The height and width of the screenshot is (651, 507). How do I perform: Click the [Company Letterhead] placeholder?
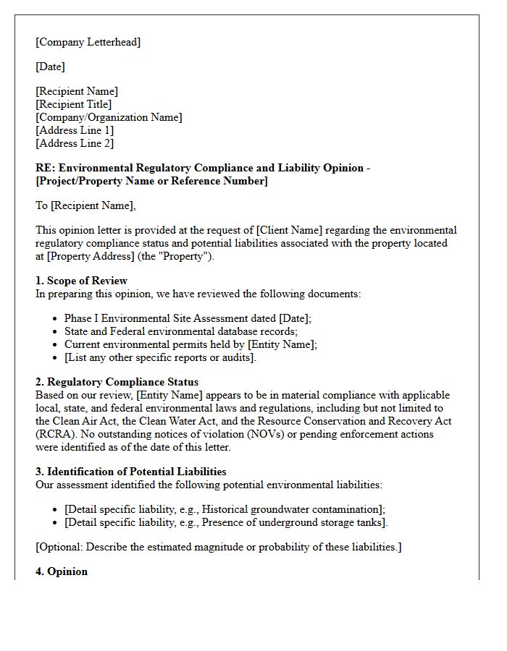88,42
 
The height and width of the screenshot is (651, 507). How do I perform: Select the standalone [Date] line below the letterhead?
50,67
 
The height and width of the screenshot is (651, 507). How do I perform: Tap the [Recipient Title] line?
73,104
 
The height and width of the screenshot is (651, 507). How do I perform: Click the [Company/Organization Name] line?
109,117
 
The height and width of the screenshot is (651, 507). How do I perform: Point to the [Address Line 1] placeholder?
75,130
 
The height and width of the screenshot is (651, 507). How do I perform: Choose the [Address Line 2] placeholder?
75,143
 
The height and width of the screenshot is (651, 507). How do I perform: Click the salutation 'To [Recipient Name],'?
85,205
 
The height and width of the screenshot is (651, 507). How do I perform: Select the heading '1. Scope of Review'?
81,281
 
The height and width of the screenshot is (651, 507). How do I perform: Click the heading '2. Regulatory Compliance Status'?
117,382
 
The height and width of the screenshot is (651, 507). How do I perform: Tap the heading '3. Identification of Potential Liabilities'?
131,472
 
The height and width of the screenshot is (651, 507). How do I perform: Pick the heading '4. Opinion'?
62,571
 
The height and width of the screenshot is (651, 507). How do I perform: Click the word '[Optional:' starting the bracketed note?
60,547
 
